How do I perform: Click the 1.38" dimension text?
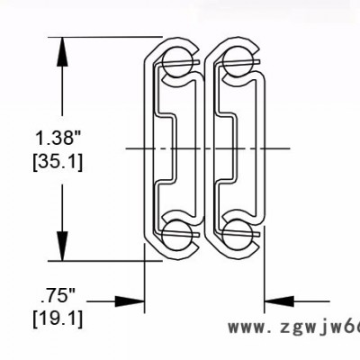pyautogui.click(x=58, y=139)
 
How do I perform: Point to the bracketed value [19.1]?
pyautogui.click(x=58, y=318)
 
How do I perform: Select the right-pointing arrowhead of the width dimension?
pyautogui.click(x=136, y=302)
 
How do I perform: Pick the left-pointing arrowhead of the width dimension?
pyautogui.click(x=274, y=302)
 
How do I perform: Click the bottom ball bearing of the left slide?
pyautogui.click(x=175, y=233)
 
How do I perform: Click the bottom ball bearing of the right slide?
pyautogui.click(x=237, y=233)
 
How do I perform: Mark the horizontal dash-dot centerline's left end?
pyautogui.click(x=117, y=148)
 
